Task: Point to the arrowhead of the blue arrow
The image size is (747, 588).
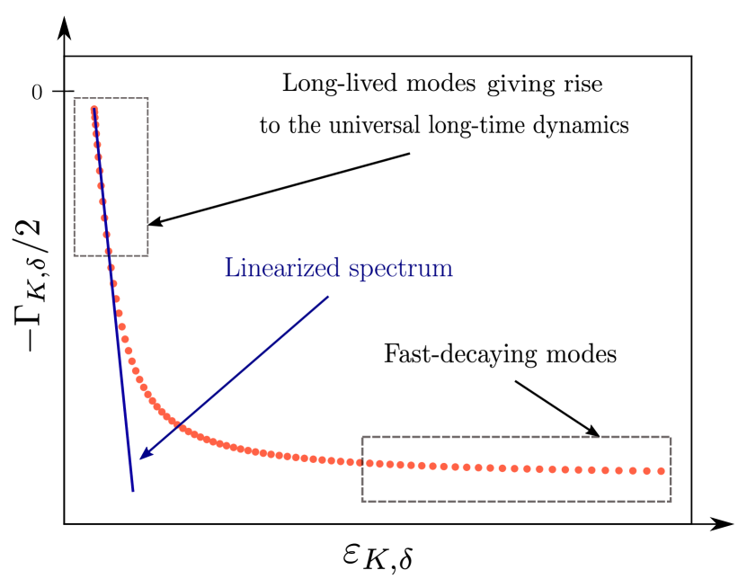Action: [141, 458]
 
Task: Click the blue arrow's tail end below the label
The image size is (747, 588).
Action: [329, 296]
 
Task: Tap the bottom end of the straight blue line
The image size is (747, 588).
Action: [133, 491]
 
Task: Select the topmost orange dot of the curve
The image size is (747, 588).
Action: [93, 110]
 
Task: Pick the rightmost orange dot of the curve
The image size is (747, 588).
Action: [662, 470]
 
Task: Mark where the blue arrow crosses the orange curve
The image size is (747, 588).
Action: [177, 426]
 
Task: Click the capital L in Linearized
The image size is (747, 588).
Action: [231, 268]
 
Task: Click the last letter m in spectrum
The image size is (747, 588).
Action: [444, 270]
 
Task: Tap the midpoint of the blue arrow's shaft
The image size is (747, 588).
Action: [235, 377]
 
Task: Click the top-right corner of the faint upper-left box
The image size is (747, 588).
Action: [147, 99]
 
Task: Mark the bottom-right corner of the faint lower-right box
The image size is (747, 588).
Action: [671, 500]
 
